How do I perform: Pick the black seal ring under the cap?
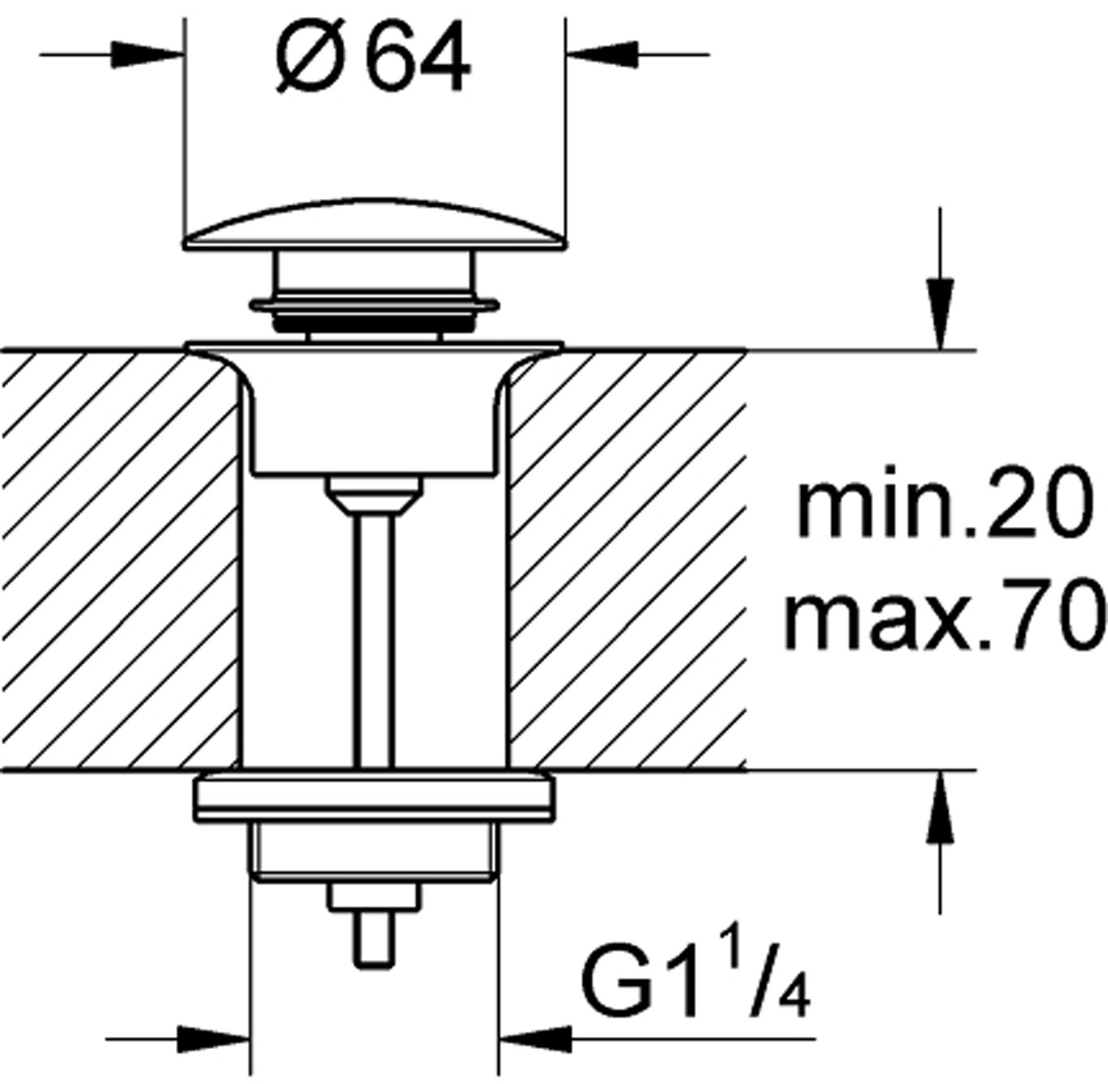click(x=375, y=326)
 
